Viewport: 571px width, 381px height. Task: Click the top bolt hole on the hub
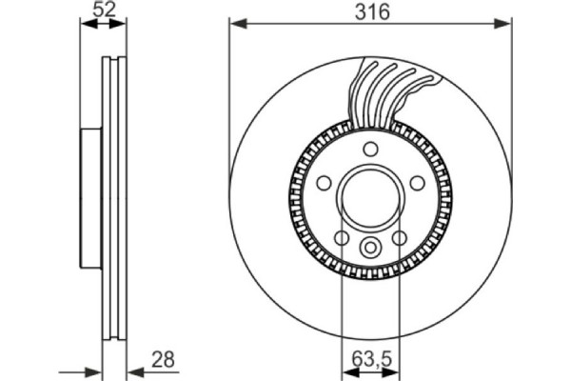[371, 148]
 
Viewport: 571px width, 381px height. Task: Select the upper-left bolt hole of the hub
[324, 182]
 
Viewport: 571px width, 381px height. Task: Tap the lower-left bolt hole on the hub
[342, 237]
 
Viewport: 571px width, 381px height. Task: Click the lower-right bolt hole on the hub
[401, 237]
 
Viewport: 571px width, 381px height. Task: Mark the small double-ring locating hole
[371, 248]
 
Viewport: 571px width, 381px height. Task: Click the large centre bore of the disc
[371, 197]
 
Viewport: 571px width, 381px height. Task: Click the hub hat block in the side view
[89, 198]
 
